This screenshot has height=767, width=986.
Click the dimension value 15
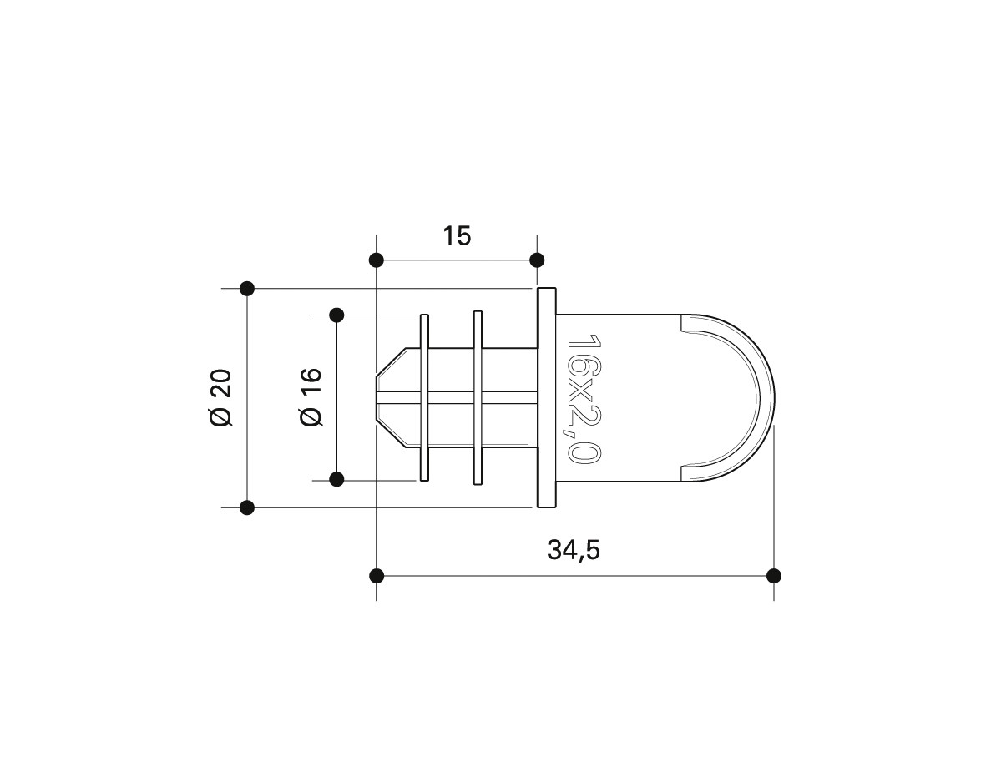(457, 236)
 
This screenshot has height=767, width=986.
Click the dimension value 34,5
(574, 550)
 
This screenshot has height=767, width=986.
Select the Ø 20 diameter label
(221, 398)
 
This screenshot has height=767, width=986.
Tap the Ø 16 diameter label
(311, 397)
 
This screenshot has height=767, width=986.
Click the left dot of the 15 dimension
(376, 260)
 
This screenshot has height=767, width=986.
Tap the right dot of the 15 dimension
(537, 260)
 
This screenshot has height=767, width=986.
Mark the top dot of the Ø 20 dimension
(247, 289)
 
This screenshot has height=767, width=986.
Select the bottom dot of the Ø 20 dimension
(247, 507)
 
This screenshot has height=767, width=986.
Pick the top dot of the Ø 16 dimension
(336, 315)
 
